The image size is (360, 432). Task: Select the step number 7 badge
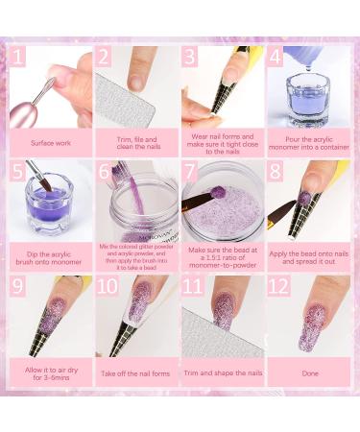(x=191, y=171)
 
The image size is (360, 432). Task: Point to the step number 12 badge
(x=277, y=286)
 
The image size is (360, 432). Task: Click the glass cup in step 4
(x=309, y=96)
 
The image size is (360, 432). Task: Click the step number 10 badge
(x=107, y=286)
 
